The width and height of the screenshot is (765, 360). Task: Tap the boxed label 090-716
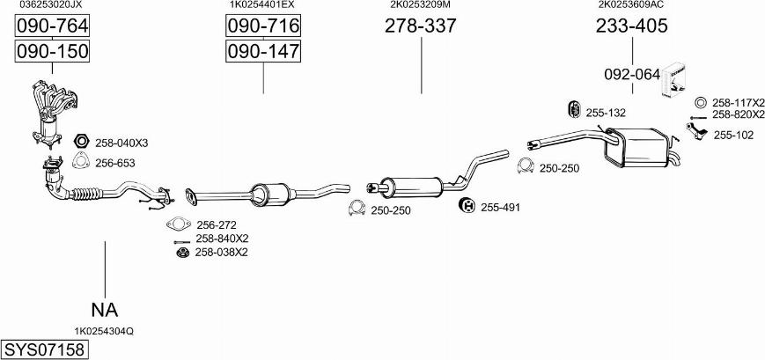pyautogui.click(x=263, y=28)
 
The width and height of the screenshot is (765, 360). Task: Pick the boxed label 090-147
pyautogui.click(x=263, y=53)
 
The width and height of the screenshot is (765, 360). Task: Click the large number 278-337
pyautogui.click(x=420, y=26)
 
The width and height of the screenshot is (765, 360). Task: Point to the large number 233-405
pyautogui.click(x=631, y=26)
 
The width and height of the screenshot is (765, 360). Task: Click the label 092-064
pyautogui.click(x=631, y=74)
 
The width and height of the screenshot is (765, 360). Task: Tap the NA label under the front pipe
pyautogui.click(x=104, y=309)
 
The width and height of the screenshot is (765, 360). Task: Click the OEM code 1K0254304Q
pyautogui.click(x=104, y=331)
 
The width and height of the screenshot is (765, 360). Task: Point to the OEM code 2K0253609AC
pyautogui.click(x=631, y=4)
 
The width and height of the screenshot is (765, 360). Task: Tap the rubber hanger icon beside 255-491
pyautogui.click(x=467, y=206)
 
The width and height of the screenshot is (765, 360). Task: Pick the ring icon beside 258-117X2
pyautogui.click(x=701, y=102)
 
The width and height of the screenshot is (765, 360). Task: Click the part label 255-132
pyautogui.click(x=606, y=113)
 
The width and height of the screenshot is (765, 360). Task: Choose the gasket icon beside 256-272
pyautogui.click(x=178, y=224)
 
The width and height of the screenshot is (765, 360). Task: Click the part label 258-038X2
pyautogui.click(x=221, y=253)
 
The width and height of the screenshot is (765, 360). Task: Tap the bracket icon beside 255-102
pyautogui.click(x=697, y=131)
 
